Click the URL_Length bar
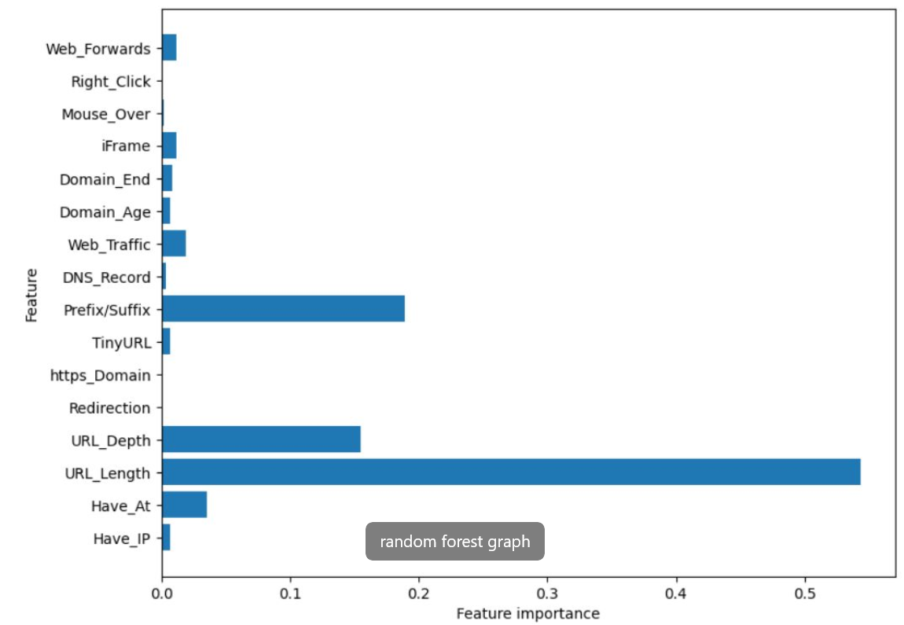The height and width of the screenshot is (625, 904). [511, 472]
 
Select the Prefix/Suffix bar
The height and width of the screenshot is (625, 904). [283, 309]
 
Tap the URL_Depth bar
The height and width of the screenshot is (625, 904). [261, 439]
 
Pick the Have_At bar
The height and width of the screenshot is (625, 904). [184, 505]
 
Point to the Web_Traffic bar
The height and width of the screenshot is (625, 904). [174, 244]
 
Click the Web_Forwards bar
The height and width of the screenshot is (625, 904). [169, 48]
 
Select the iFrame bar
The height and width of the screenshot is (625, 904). [169, 145]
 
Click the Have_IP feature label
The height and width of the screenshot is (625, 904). [121, 539]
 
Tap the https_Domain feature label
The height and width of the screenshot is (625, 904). [100, 375]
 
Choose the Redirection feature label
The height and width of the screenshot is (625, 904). [109, 408]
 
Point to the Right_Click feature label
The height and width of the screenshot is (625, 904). [110, 81]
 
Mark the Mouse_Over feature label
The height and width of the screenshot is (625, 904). [106, 114]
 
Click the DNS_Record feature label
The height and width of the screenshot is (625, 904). [107, 277]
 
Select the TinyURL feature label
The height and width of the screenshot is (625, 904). [121, 342]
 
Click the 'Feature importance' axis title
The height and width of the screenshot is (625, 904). [528, 613]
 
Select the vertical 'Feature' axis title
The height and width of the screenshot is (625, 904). [31, 295]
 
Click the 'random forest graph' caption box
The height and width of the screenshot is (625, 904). [454, 542]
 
